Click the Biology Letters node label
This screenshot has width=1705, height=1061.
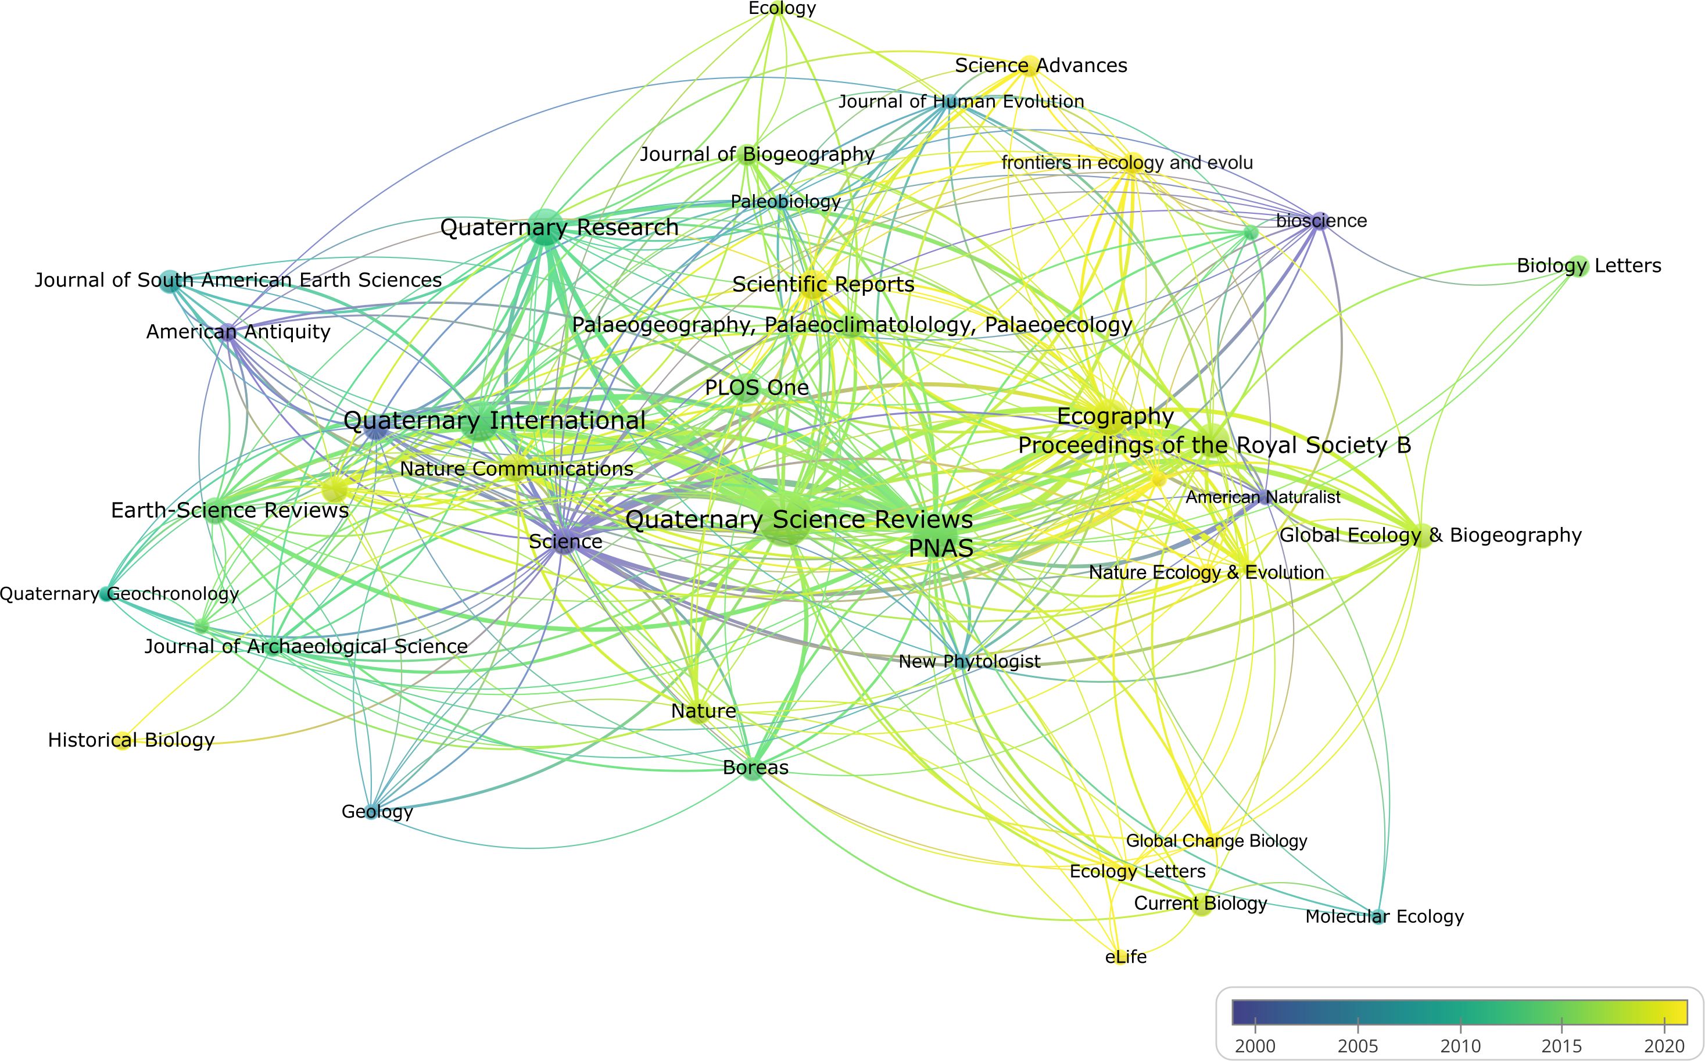pos(1589,266)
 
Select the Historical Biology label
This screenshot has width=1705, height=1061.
pos(131,740)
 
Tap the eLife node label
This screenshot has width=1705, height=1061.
pos(1126,956)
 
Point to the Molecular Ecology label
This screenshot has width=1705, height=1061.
pos(1384,916)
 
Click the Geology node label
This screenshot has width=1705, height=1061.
pos(377,812)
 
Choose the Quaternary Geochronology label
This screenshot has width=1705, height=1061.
pos(119,594)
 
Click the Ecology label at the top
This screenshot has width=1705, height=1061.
pos(782,8)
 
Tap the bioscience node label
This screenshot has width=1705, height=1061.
pos(1321,221)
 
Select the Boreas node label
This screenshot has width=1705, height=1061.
pos(755,768)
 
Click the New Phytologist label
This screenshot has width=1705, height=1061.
pos(969,661)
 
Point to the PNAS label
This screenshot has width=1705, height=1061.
pos(941,548)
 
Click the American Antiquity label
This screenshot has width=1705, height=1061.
pos(238,332)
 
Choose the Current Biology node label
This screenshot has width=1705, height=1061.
pos(1200,904)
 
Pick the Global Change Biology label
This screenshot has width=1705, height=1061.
pos(1216,841)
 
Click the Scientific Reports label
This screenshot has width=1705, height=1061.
pos(823,285)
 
